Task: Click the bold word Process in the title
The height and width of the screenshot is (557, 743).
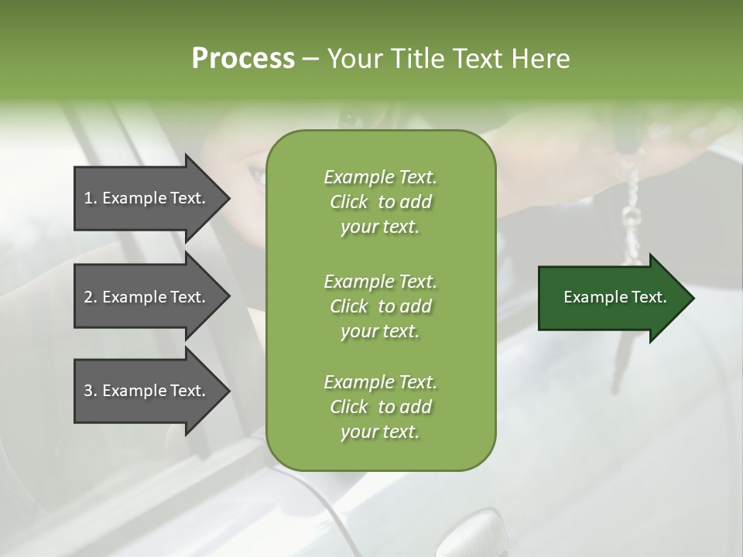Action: pyautogui.click(x=243, y=59)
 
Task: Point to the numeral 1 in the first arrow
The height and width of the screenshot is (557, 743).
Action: pyautogui.click(x=88, y=198)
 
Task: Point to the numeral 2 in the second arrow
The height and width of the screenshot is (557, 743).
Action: pyautogui.click(x=88, y=297)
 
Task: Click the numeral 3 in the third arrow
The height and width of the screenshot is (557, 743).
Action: pyautogui.click(x=88, y=391)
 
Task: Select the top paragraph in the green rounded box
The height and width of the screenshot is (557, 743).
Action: pyautogui.click(x=380, y=202)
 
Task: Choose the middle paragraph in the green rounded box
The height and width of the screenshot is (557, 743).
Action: pyautogui.click(x=380, y=306)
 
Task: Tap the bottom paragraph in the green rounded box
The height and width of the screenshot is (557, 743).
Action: pyautogui.click(x=380, y=407)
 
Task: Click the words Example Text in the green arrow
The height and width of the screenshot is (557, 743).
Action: pyautogui.click(x=615, y=297)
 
